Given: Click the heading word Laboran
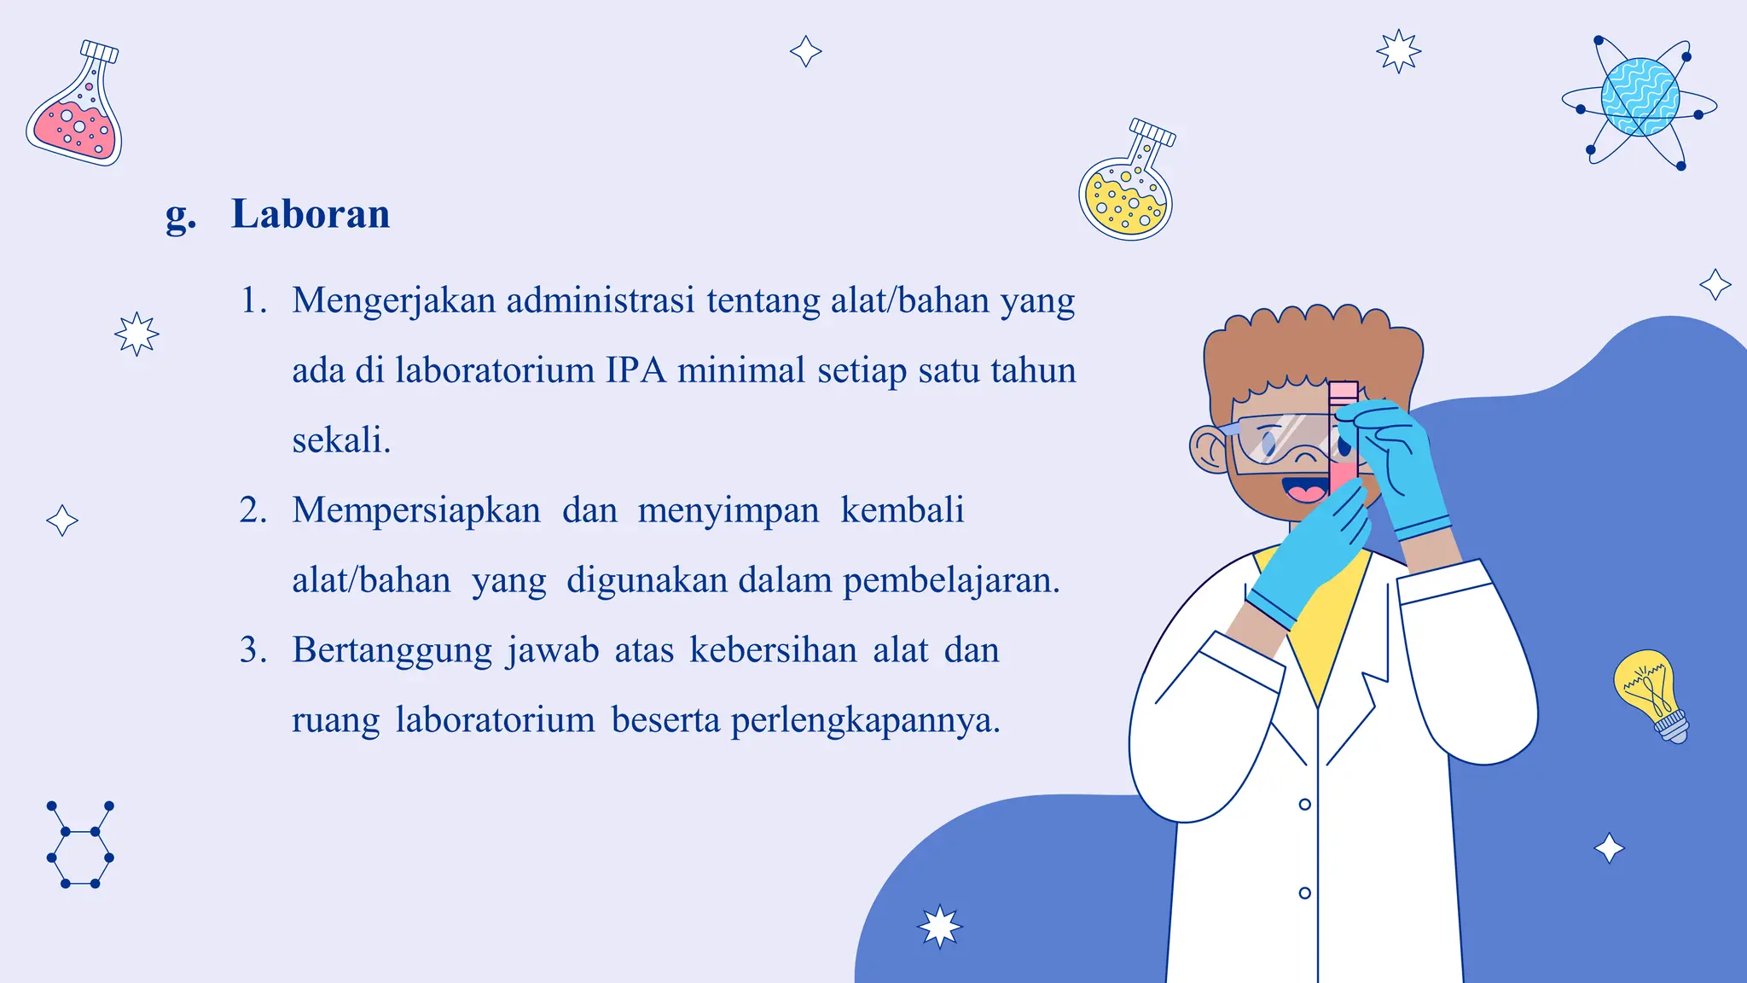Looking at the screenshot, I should (x=311, y=213).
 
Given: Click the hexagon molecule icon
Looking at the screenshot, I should (x=80, y=845).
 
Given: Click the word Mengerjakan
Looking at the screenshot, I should (x=393, y=300).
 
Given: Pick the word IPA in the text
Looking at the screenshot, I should (x=636, y=370).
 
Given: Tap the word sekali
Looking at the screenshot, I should (x=341, y=440).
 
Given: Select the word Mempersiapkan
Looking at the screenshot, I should (x=416, y=510).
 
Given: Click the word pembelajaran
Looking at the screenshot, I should (x=951, y=580).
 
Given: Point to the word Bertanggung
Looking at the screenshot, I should (x=392, y=650).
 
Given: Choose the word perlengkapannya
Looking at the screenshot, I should (x=865, y=720).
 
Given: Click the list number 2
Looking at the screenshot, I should (x=252, y=510).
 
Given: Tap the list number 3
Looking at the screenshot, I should (x=252, y=650).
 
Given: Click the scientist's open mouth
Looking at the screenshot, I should (x=1303, y=491).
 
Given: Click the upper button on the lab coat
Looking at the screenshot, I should (x=1304, y=804).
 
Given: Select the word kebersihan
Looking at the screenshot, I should (x=773, y=650).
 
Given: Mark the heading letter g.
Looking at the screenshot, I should (x=180, y=215).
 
